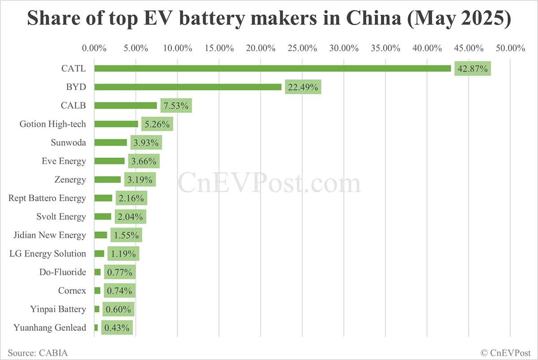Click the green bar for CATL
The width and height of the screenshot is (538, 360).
272,69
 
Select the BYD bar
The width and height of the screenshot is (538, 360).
188,87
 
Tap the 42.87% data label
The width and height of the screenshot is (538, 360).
473,69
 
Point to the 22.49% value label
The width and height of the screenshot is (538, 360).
303,87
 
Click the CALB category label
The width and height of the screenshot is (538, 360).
74,106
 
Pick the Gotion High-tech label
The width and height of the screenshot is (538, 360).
52,124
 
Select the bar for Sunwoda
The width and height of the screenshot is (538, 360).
111,143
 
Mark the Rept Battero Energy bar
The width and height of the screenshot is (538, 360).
103,198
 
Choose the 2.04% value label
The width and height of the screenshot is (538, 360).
130,217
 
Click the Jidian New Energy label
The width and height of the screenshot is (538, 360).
53,235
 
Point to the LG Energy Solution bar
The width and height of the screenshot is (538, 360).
99,254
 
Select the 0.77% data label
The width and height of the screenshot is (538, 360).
120,272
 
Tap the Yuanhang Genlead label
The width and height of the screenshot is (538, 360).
50,328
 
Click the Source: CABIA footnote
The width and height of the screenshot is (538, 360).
38,353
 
